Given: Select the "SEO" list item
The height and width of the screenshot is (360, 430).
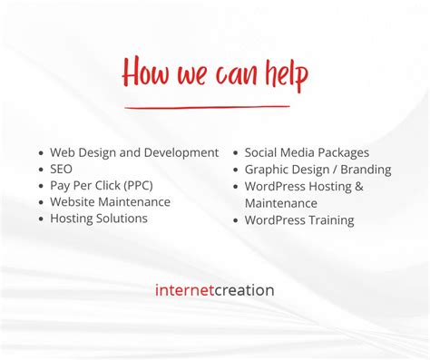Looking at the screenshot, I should tap(62, 170).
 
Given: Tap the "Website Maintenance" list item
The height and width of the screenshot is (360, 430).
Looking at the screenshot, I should tap(110, 202).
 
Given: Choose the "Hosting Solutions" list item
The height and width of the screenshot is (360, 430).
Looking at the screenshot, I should tap(99, 219).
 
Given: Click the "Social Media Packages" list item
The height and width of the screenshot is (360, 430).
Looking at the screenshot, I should tap(307, 153).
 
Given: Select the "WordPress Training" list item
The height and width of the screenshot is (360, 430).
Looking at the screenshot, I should tap(299, 220).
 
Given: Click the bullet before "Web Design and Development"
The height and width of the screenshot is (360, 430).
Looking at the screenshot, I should tap(41, 154).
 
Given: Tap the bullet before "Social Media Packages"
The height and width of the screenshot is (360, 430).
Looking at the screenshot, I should tap(236, 154).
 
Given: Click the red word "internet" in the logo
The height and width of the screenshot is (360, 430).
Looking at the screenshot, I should tap(185, 291).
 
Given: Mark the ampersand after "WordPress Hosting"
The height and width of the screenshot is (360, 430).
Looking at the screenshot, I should tap(359, 187).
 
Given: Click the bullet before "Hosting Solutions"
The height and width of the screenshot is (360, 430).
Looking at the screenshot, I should tap(41, 219).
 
